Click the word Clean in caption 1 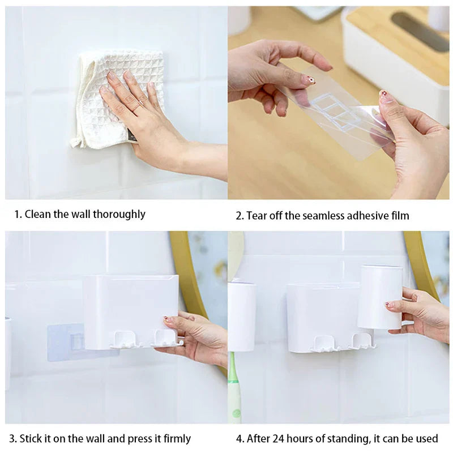[38, 214]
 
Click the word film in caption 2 [399, 215]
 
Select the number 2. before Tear [240, 215]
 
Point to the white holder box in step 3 [130, 306]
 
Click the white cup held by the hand [379, 297]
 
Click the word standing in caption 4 [340, 439]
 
